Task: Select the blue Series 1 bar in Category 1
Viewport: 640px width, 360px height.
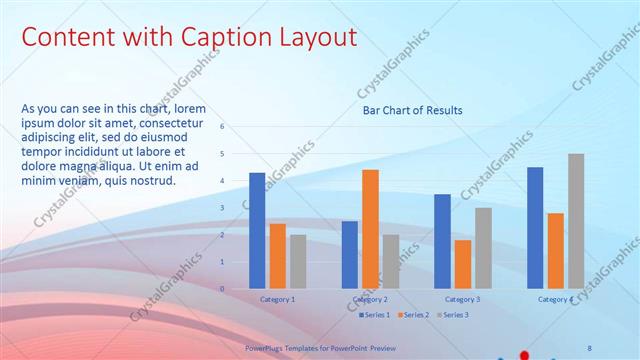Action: tap(257, 230)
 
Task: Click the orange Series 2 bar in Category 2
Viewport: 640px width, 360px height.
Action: tap(370, 228)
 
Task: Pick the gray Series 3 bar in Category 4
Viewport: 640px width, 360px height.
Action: tap(576, 220)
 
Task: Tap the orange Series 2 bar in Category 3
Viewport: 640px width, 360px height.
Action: tap(463, 263)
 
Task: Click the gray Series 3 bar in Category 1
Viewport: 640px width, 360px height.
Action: tap(298, 261)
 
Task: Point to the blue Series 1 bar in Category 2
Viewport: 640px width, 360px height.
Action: tap(349, 254)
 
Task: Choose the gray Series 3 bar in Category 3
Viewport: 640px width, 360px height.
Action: tap(483, 247)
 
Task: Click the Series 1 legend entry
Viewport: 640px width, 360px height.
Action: tap(376, 315)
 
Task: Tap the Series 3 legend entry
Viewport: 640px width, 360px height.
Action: tap(452, 315)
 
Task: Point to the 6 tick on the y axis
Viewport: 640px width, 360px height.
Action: tap(222, 127)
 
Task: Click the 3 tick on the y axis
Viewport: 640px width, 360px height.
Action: tap(222, 207)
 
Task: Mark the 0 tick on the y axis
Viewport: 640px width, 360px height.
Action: tap(222, 288)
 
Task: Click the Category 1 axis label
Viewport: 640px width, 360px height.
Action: tap(277, 299)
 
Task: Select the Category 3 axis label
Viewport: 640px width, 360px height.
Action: tap(462, 299)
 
